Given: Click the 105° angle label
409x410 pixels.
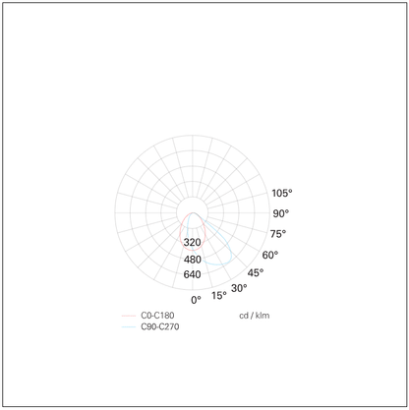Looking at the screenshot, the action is coord(282,193).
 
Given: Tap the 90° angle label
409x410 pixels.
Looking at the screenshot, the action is coord(281,213).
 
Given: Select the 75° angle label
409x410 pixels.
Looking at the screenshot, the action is coord(278,234).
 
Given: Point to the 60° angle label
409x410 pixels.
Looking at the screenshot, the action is coord(270,255).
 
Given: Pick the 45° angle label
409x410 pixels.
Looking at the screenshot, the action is coord(256,272).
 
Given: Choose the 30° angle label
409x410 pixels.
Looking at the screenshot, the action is coord(239,288).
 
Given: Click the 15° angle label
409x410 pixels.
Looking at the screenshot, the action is coord(219,296).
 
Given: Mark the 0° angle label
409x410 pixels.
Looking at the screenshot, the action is coord(196,300).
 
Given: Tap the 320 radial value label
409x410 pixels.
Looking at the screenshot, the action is coord(192,243).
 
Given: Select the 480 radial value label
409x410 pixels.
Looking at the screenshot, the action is coord(193,260).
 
